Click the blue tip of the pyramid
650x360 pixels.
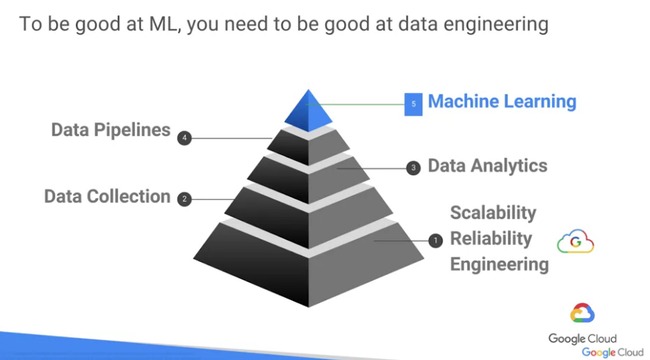(x=308, y=109)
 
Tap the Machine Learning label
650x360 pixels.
(x=502, y=102)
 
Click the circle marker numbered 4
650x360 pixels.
(x=185, y=138)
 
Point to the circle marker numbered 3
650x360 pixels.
(x=414, y=168)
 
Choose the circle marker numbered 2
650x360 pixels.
(x=184, y=199)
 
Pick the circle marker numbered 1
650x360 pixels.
(x=436, y=241)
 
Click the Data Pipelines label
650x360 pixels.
(x=111, y=130)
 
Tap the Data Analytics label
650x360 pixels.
(x=488, y=166)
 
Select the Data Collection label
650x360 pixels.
(x=107, y=197)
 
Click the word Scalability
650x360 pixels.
(x=492, y=213)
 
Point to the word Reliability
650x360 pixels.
(x=490, y=239)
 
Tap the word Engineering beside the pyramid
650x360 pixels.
(x=499, y=265)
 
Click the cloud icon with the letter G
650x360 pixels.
(x=575, y=242)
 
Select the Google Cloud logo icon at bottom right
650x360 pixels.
(x=583, y=313)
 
